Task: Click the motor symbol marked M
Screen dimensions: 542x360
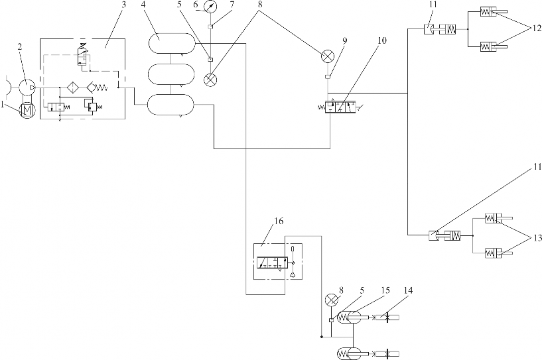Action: [x=27, y=111]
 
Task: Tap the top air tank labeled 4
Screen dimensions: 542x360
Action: [x=172, y=43]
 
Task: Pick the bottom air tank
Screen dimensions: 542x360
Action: [x=171, y=105]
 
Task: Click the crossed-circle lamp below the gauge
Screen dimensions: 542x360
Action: [x=210, y=80]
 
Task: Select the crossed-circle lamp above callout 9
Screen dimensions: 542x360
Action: [x=327, y=56]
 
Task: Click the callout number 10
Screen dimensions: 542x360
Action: [x=381, y=40]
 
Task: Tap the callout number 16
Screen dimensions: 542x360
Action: [x=279, y=221]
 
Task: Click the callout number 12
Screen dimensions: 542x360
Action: [x=536, y=29]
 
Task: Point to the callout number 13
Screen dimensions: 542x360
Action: [x=537, y=238]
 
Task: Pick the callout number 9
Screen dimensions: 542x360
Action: [x=344, y=40]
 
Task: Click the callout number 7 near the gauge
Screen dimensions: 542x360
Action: [x=232, y=5]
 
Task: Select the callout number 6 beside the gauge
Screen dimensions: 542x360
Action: [x=196, y=5]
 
